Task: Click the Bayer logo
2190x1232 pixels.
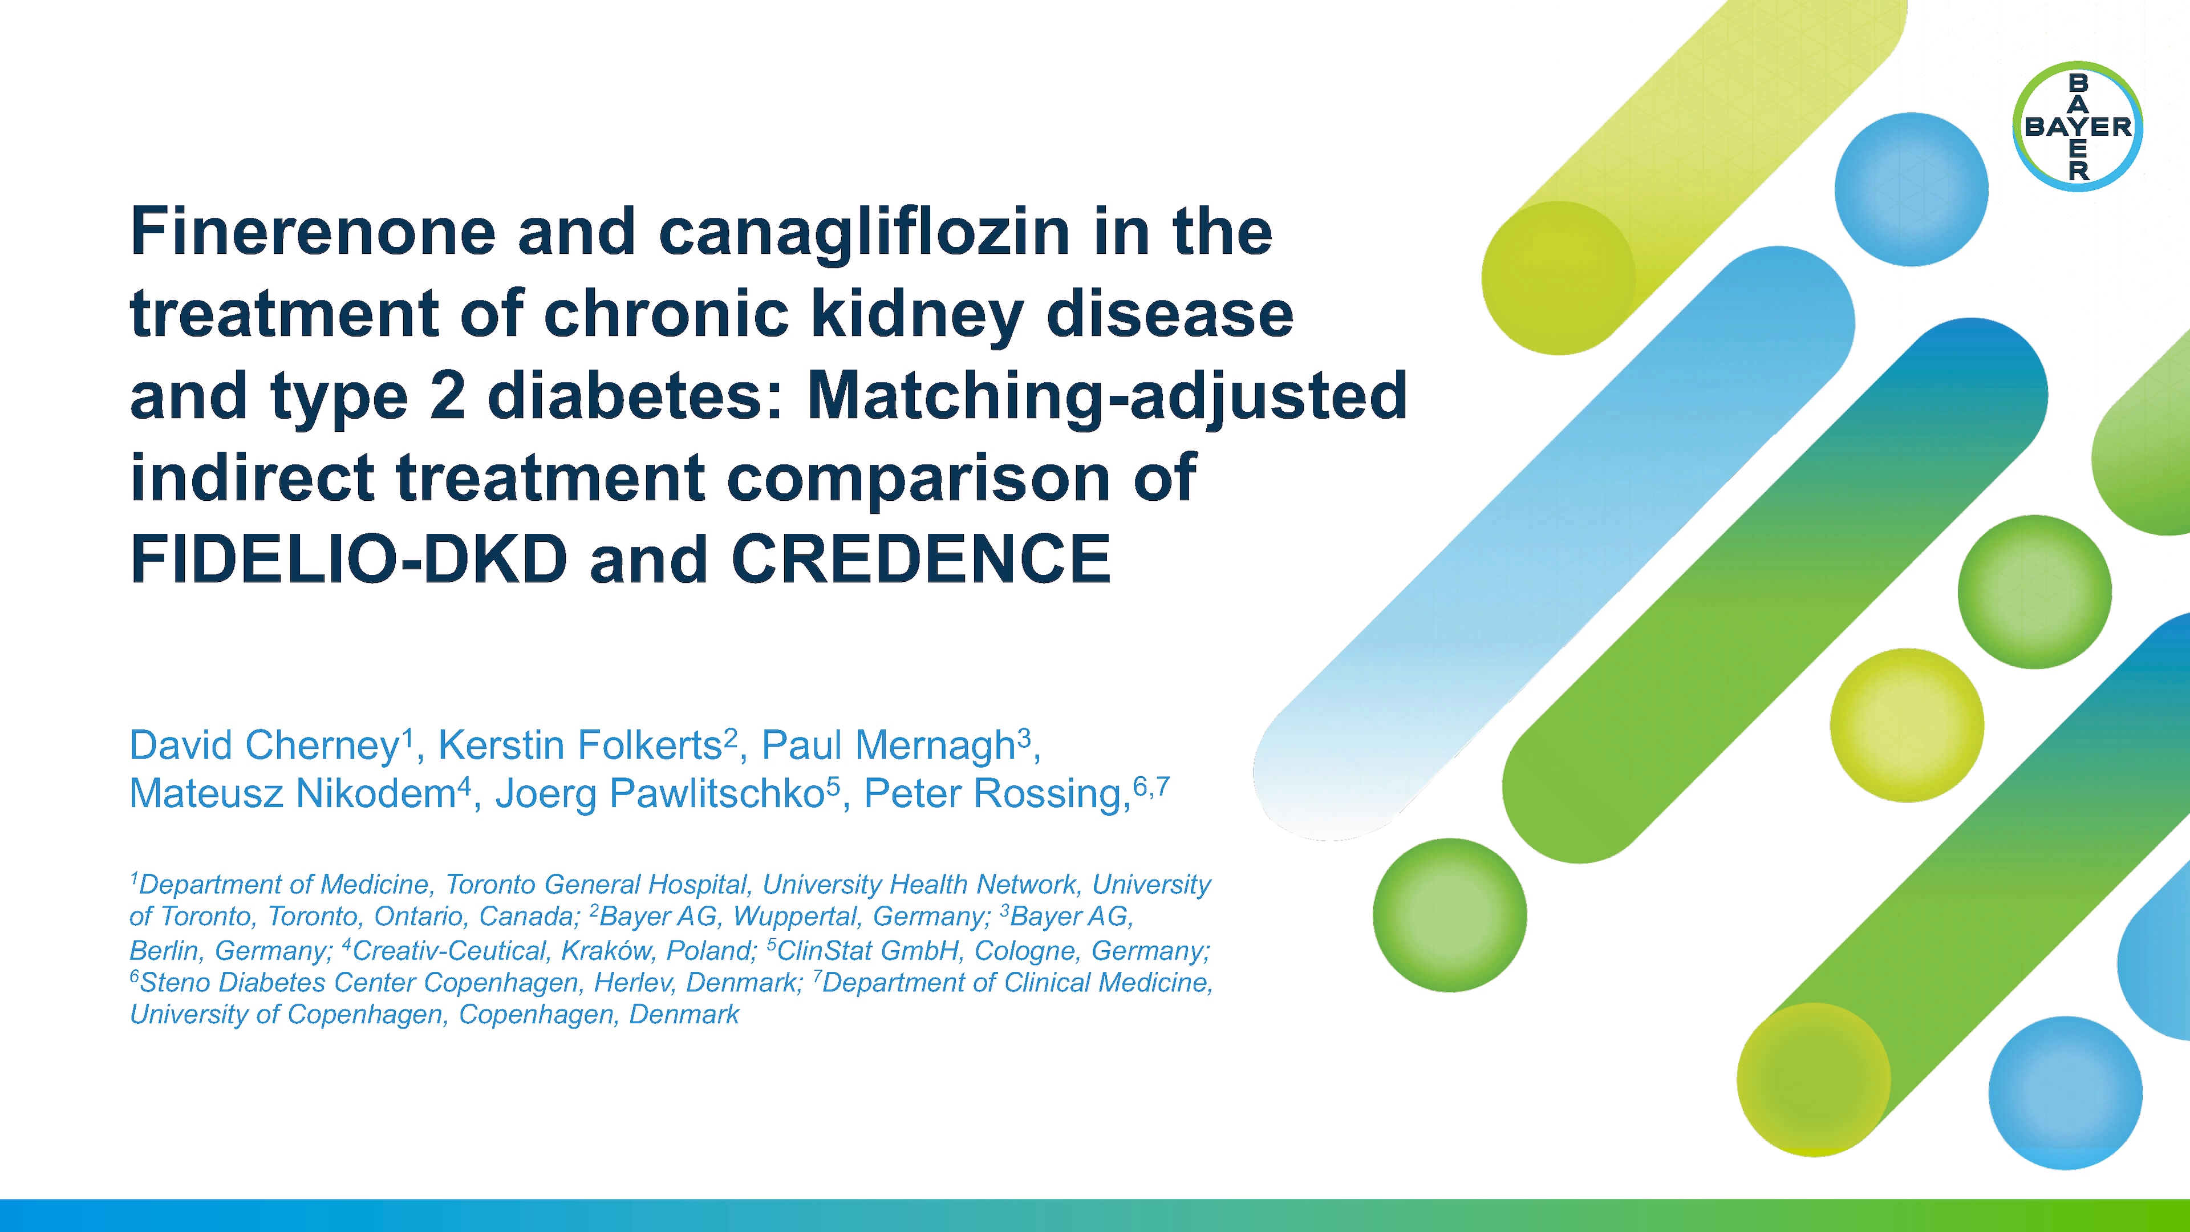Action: [x=2077, y=127]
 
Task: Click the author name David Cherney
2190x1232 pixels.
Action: [x=263, y=745]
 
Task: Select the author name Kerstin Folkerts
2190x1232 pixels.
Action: [x=580, y=745]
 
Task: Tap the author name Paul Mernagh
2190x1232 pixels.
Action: [x=889, y=745]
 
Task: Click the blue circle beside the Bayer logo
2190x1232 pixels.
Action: [x=1911, y=189]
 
